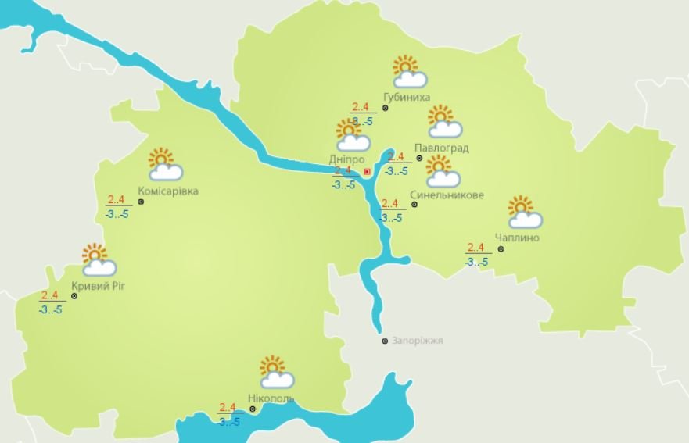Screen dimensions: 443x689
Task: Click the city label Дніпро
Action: click(x=346, y=159)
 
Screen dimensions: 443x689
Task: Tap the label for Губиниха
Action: click(x=407, y=98)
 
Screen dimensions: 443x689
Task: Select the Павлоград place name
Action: click(x=442, y=148)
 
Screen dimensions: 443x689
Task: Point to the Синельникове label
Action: click(x=447, y=195)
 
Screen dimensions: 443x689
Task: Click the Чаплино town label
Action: click(x=517, y=238)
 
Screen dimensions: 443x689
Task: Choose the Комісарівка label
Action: click(x=167, y=191)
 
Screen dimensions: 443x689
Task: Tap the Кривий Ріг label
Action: click(x=98, y=286)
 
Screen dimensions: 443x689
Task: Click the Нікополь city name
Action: click(x=271, y=398)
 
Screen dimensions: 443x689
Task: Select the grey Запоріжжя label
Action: click(x=418, y=341)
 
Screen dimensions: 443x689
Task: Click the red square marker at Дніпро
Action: click(x=368, y=171)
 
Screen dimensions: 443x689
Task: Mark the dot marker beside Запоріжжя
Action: click(x=385, y=341)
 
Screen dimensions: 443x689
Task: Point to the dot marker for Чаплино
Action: click(x=501, y=250)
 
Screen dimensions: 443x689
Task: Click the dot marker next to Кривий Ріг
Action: click(x=74, y=297)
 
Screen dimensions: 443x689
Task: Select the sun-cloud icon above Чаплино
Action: click(x=524, y=212)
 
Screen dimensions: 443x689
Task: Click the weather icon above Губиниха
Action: click(x=409, y=71)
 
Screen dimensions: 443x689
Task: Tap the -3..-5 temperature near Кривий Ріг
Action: click(x=50, y=309)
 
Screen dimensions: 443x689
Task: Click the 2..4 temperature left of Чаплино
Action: click(x=475, y=248)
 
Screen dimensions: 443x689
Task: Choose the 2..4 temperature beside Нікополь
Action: click(x=228, y=407)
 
